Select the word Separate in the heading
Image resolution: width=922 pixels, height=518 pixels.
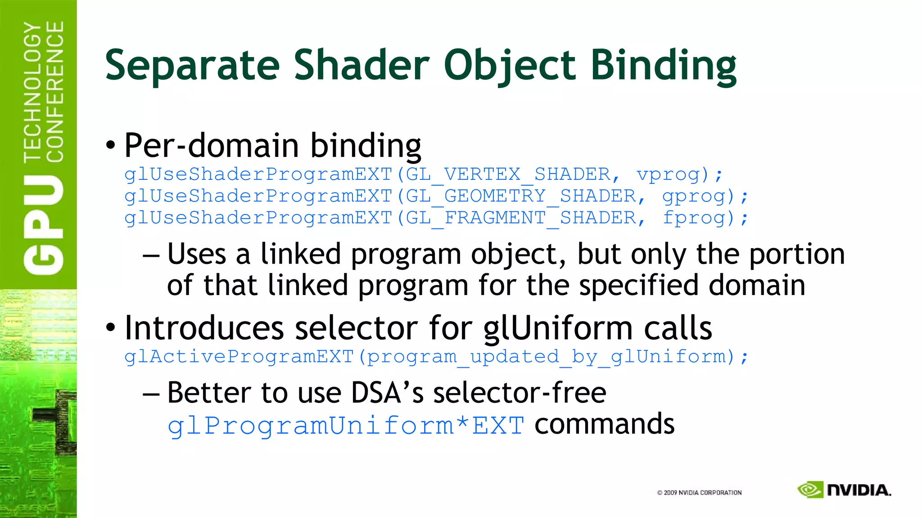[193, 66]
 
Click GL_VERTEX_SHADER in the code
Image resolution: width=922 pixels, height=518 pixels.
[508, 174]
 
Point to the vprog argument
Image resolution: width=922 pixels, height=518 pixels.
[669, 174]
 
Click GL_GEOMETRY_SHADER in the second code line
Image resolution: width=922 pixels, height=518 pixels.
[521, 196]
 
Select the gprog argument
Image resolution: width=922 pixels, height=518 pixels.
[695, 196]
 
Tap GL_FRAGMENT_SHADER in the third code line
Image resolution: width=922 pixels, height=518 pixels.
[521, 218]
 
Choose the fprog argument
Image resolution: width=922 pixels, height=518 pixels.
[695, 218]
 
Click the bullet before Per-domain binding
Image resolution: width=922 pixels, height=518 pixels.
[110, 145]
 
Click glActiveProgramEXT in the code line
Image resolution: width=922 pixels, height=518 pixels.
[239, 357]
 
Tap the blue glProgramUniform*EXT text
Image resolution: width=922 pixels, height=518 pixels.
[345, 425]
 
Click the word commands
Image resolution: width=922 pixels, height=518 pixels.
[604, 424]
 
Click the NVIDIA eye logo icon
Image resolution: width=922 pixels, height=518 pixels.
[810, 490]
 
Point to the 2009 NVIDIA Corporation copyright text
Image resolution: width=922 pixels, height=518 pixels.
[699, 492]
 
